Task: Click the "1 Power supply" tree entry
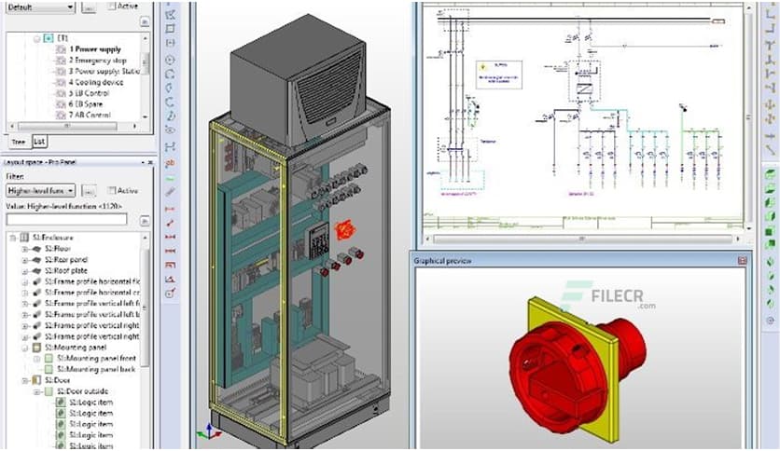97,48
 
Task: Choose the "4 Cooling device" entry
98,82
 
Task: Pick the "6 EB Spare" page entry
91,104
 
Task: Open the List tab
39,141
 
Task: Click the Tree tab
18,141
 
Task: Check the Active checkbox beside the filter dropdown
111,190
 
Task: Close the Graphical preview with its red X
743,261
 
